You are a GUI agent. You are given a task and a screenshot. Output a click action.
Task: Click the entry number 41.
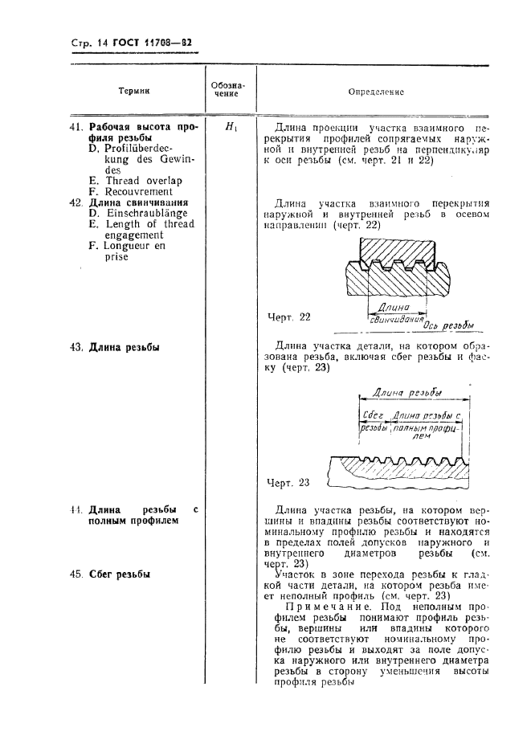(76, 127)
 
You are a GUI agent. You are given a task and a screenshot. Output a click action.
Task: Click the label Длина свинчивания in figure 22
(394, 313)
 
